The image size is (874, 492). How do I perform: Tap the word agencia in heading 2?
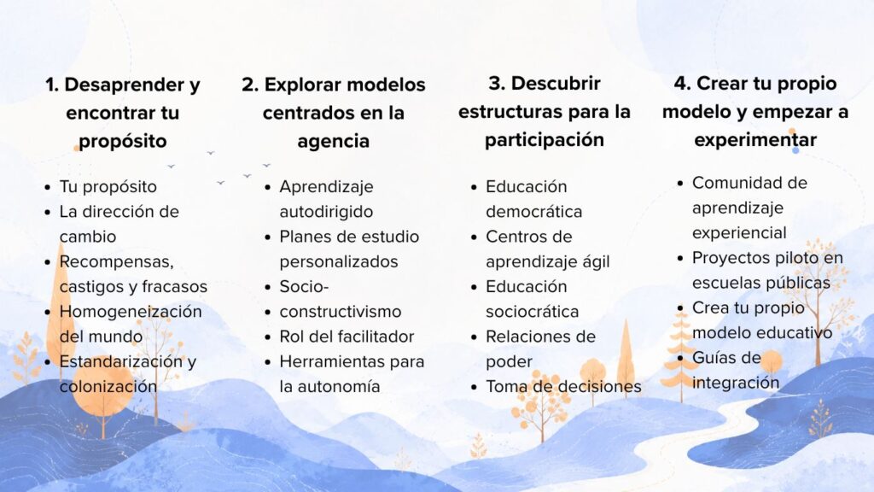(334, 142)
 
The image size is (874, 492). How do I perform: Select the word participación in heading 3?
(545, 141)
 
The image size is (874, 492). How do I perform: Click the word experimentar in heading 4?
(755, 139)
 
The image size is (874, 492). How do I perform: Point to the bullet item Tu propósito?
(108, 187)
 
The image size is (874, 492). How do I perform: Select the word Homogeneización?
(131, 311)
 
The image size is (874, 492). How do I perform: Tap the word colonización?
(108, 386)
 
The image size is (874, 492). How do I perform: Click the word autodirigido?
(326, 212)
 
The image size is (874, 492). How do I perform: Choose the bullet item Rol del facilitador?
(347, 337)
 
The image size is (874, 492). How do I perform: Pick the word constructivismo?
(341, 311)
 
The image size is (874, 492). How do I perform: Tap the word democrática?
(534, 212)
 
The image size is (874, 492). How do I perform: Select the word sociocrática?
(533, 311)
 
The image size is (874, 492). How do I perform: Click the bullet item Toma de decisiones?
(563, 386)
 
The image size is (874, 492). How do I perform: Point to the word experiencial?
(739, 233)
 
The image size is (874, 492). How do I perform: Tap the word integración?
(736, 383)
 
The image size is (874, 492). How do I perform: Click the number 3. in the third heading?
(497, 84)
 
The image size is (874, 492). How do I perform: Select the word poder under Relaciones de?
(509, 362)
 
